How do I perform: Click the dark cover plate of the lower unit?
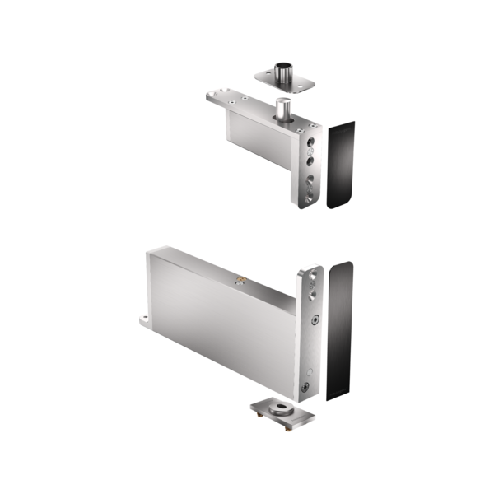[339, 330]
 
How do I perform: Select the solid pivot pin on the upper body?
[282, 108]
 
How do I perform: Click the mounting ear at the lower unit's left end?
[143, 319]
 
